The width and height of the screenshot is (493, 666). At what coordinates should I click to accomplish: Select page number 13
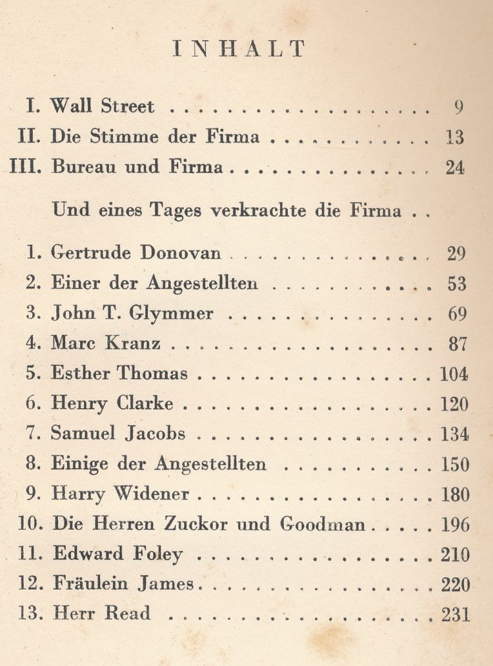pos(454,138)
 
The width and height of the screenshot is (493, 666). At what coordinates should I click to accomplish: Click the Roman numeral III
pos(26,167)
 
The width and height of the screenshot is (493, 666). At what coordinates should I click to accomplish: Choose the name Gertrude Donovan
pos(136,254)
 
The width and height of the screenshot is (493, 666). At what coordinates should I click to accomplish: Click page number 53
pos(457,284)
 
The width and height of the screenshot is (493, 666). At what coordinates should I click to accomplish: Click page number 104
pos(454,374)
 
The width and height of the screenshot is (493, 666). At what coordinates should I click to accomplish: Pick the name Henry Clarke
pos(112,404)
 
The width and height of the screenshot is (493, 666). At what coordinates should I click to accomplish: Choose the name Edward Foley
pos(117,555)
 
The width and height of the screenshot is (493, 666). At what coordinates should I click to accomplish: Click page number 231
pos(456,615)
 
